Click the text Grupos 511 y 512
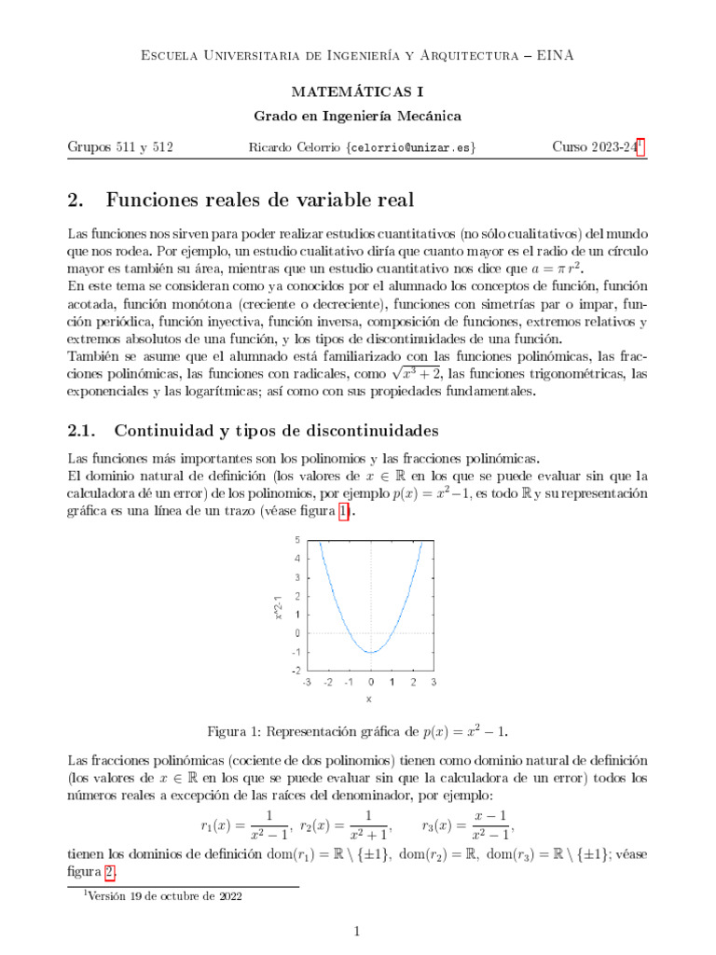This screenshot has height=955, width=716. point(120,147)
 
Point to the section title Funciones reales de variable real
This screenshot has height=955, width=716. point(260,200)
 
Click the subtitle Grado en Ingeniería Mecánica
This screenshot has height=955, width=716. point(357,116)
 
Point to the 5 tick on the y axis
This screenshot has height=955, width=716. point(296,540)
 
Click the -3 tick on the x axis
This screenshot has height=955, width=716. point(307,683)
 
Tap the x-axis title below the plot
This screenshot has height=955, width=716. point(369,699)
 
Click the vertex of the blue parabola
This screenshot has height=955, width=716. point(371,652)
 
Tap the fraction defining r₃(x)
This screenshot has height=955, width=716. point(490,826)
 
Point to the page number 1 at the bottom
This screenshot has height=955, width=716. point(358,931)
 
